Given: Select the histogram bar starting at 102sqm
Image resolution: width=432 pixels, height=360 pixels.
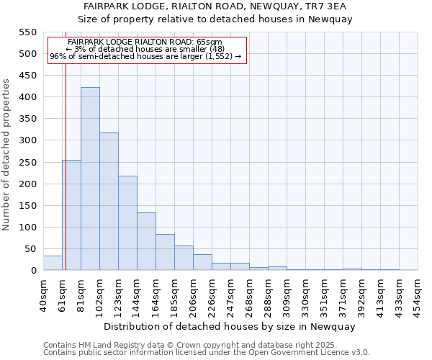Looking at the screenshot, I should (109, 202).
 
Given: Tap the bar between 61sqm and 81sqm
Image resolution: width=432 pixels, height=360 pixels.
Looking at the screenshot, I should (71, 215).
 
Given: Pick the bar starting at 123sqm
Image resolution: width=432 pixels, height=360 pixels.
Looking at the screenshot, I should (127, 223).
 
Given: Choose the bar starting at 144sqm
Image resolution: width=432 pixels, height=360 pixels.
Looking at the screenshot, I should (146, 241).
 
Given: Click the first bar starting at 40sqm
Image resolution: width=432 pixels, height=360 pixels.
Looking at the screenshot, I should (53, 263).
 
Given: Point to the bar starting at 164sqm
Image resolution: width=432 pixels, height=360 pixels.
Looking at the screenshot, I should (165, 252).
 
